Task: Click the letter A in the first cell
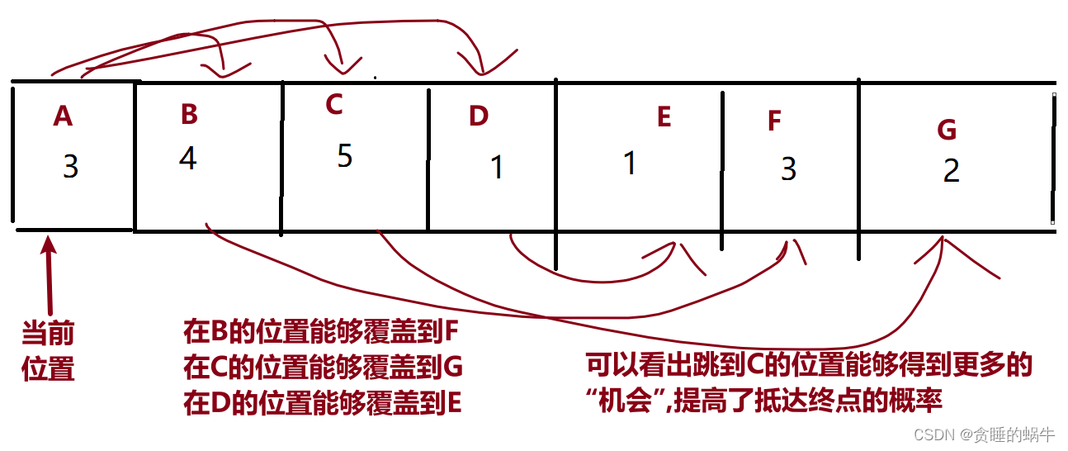63,116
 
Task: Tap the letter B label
189,114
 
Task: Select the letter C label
333,104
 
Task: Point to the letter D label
479,116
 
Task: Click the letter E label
664,117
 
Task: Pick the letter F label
773,121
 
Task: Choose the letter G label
947,130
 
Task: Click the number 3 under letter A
70,167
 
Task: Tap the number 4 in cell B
188,159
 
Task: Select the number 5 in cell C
345,156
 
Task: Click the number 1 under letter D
496,168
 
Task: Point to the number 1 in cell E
630,163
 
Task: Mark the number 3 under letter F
788,169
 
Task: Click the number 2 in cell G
951,170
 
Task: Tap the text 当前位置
48,350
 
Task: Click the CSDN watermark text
984,434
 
